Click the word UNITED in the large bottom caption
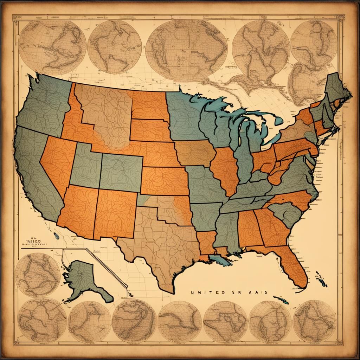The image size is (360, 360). pyautogui.click(x=203, y=291)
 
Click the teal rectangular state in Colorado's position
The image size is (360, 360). pyautogui.click(x=121, y=172)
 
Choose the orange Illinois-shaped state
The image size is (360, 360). pyautogui.click(x=225, y=169)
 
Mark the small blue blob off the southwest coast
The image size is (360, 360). pyautogui.click(x=56, y=236)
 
